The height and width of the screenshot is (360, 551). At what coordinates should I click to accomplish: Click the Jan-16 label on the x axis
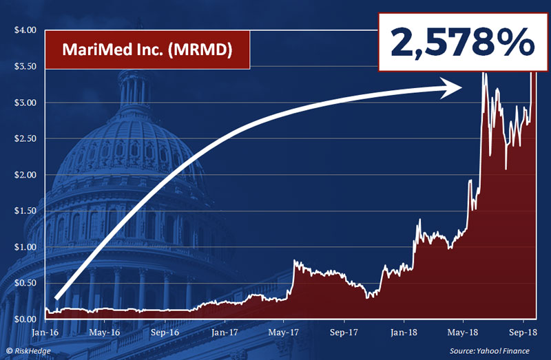coord(45,332)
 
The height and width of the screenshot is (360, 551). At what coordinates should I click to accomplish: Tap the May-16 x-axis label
coord(105,332)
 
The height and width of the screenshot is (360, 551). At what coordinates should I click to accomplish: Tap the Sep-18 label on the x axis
coord(523,332)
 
